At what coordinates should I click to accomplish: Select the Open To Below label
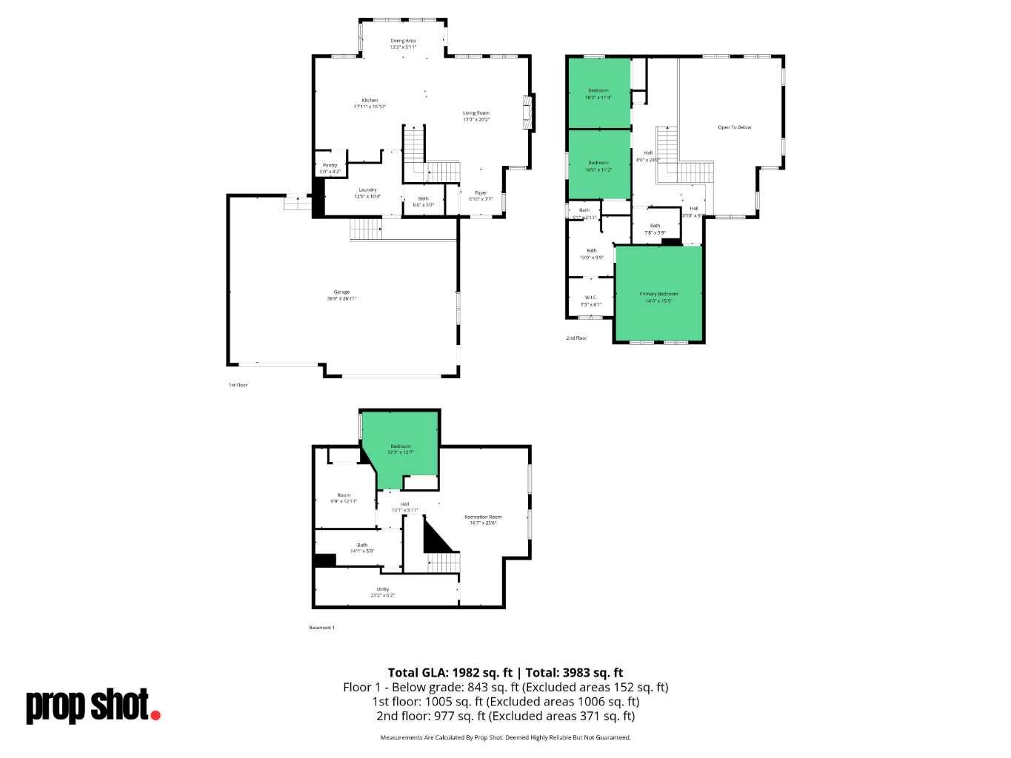pyautogui.click(x=734, y=127)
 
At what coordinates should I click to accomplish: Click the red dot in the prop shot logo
pyautogui.click(x=155, y=714)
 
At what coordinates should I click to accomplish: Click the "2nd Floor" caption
pyautogui.click(x=576, y=338)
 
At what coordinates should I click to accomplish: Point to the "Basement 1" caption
pyautogui.click(x=321, y=628)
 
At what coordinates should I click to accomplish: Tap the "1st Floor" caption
pyautogui.click(x=238, y=385)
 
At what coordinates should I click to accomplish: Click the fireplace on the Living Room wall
pyautogui.click(x=528, y=113)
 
